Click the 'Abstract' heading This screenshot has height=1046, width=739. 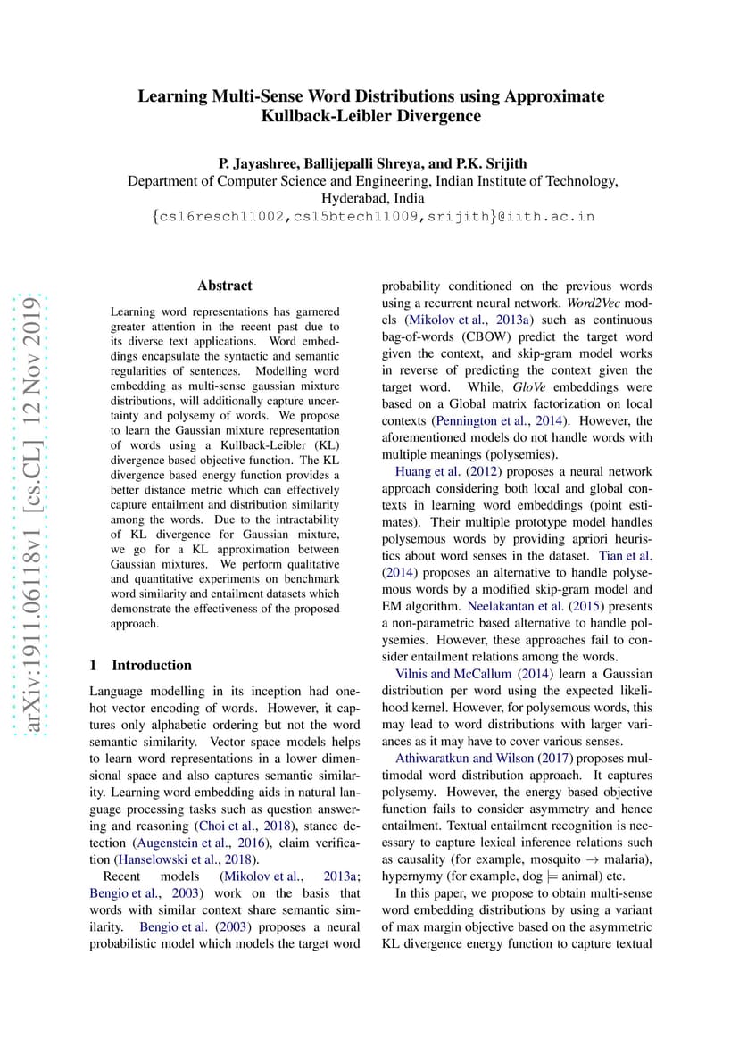(225, 286)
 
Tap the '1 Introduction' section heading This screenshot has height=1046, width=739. (140, 665)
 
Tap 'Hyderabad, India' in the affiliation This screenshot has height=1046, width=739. (373, 198)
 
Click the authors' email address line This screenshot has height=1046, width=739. (373, 216)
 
